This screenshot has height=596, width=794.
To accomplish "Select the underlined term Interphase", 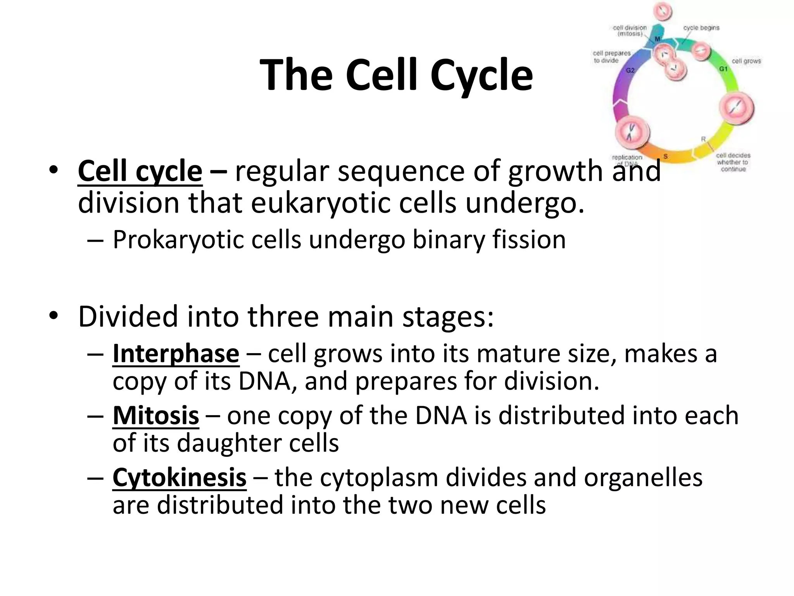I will pyautogui.click(x=176, y=354).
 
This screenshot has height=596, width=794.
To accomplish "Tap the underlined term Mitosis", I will pyautogui.click(x=155, y=416).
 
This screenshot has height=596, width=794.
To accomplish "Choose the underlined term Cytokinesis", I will pyautogui.click(x=179, y=477).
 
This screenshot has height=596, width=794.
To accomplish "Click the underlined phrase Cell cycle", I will pyautogui.click(x=140, y=171).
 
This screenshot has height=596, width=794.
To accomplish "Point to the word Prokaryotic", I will pyautogui.click(x=178, y=239).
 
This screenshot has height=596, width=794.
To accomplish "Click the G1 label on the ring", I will pyautogui.click(x=723, y=69).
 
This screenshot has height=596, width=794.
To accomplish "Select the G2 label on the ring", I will pyautogui.click(x=630, y=70).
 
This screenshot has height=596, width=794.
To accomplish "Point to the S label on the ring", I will pyautogui.click(x=665, y=156).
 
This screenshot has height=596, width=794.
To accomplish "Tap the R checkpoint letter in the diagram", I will pyautogui.click(x=703, y=139).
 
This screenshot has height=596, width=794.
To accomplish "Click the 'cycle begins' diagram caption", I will pyautogui.click(x=701, y=28).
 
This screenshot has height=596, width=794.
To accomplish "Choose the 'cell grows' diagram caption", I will pyautogui.click(x=746, y=61).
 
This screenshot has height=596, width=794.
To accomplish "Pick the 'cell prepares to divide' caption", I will pyautogui.click(x=611, y=57).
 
